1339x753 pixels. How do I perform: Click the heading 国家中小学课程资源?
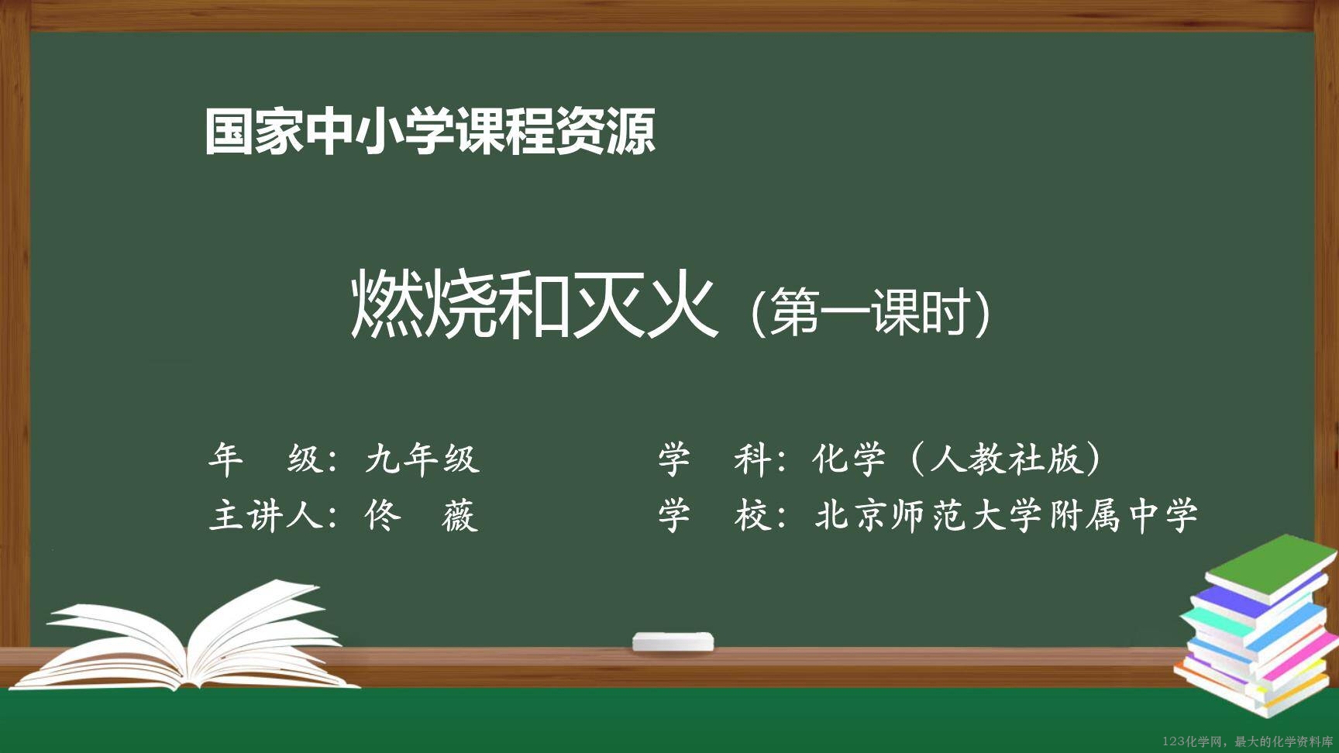(x=430, y=131)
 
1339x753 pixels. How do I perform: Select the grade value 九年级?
(x=422, y=459)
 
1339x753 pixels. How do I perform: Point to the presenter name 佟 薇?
(x=422, y=515)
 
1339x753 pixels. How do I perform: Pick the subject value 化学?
(x=848, y=459)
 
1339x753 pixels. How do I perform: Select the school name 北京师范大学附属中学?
(x=1006, y=515)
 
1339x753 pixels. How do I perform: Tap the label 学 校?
(x=713, y=515)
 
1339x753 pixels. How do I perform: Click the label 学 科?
(x=713, y=459)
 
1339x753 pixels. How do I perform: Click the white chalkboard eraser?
(x=673, y=641)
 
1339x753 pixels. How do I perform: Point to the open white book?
(x=191, y=640)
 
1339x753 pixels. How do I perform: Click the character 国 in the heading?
(x=229, y=132)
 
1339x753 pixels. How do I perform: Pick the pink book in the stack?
(x=1293, y=655)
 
